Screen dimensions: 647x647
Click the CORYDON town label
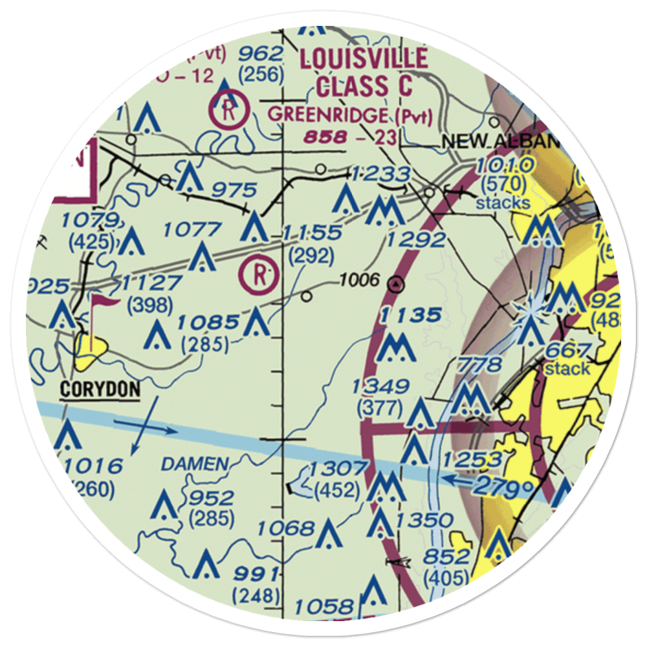tap(100, 389)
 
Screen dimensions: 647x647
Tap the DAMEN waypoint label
tap(195, 464)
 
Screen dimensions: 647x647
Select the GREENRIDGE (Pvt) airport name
tap(350, 115)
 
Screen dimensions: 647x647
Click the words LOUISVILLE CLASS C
tap(363, 72)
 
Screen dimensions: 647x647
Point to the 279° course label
tap(505, 487)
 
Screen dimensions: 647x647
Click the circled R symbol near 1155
tap(259, 275)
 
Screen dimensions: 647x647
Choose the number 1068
tap(285, 529)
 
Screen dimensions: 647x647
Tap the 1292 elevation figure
tap(417, 241)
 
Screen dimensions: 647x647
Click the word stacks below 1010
tap(503, 203)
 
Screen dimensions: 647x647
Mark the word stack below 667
tap(567, 369)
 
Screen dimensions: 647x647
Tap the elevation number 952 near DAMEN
tap(210, 498)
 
